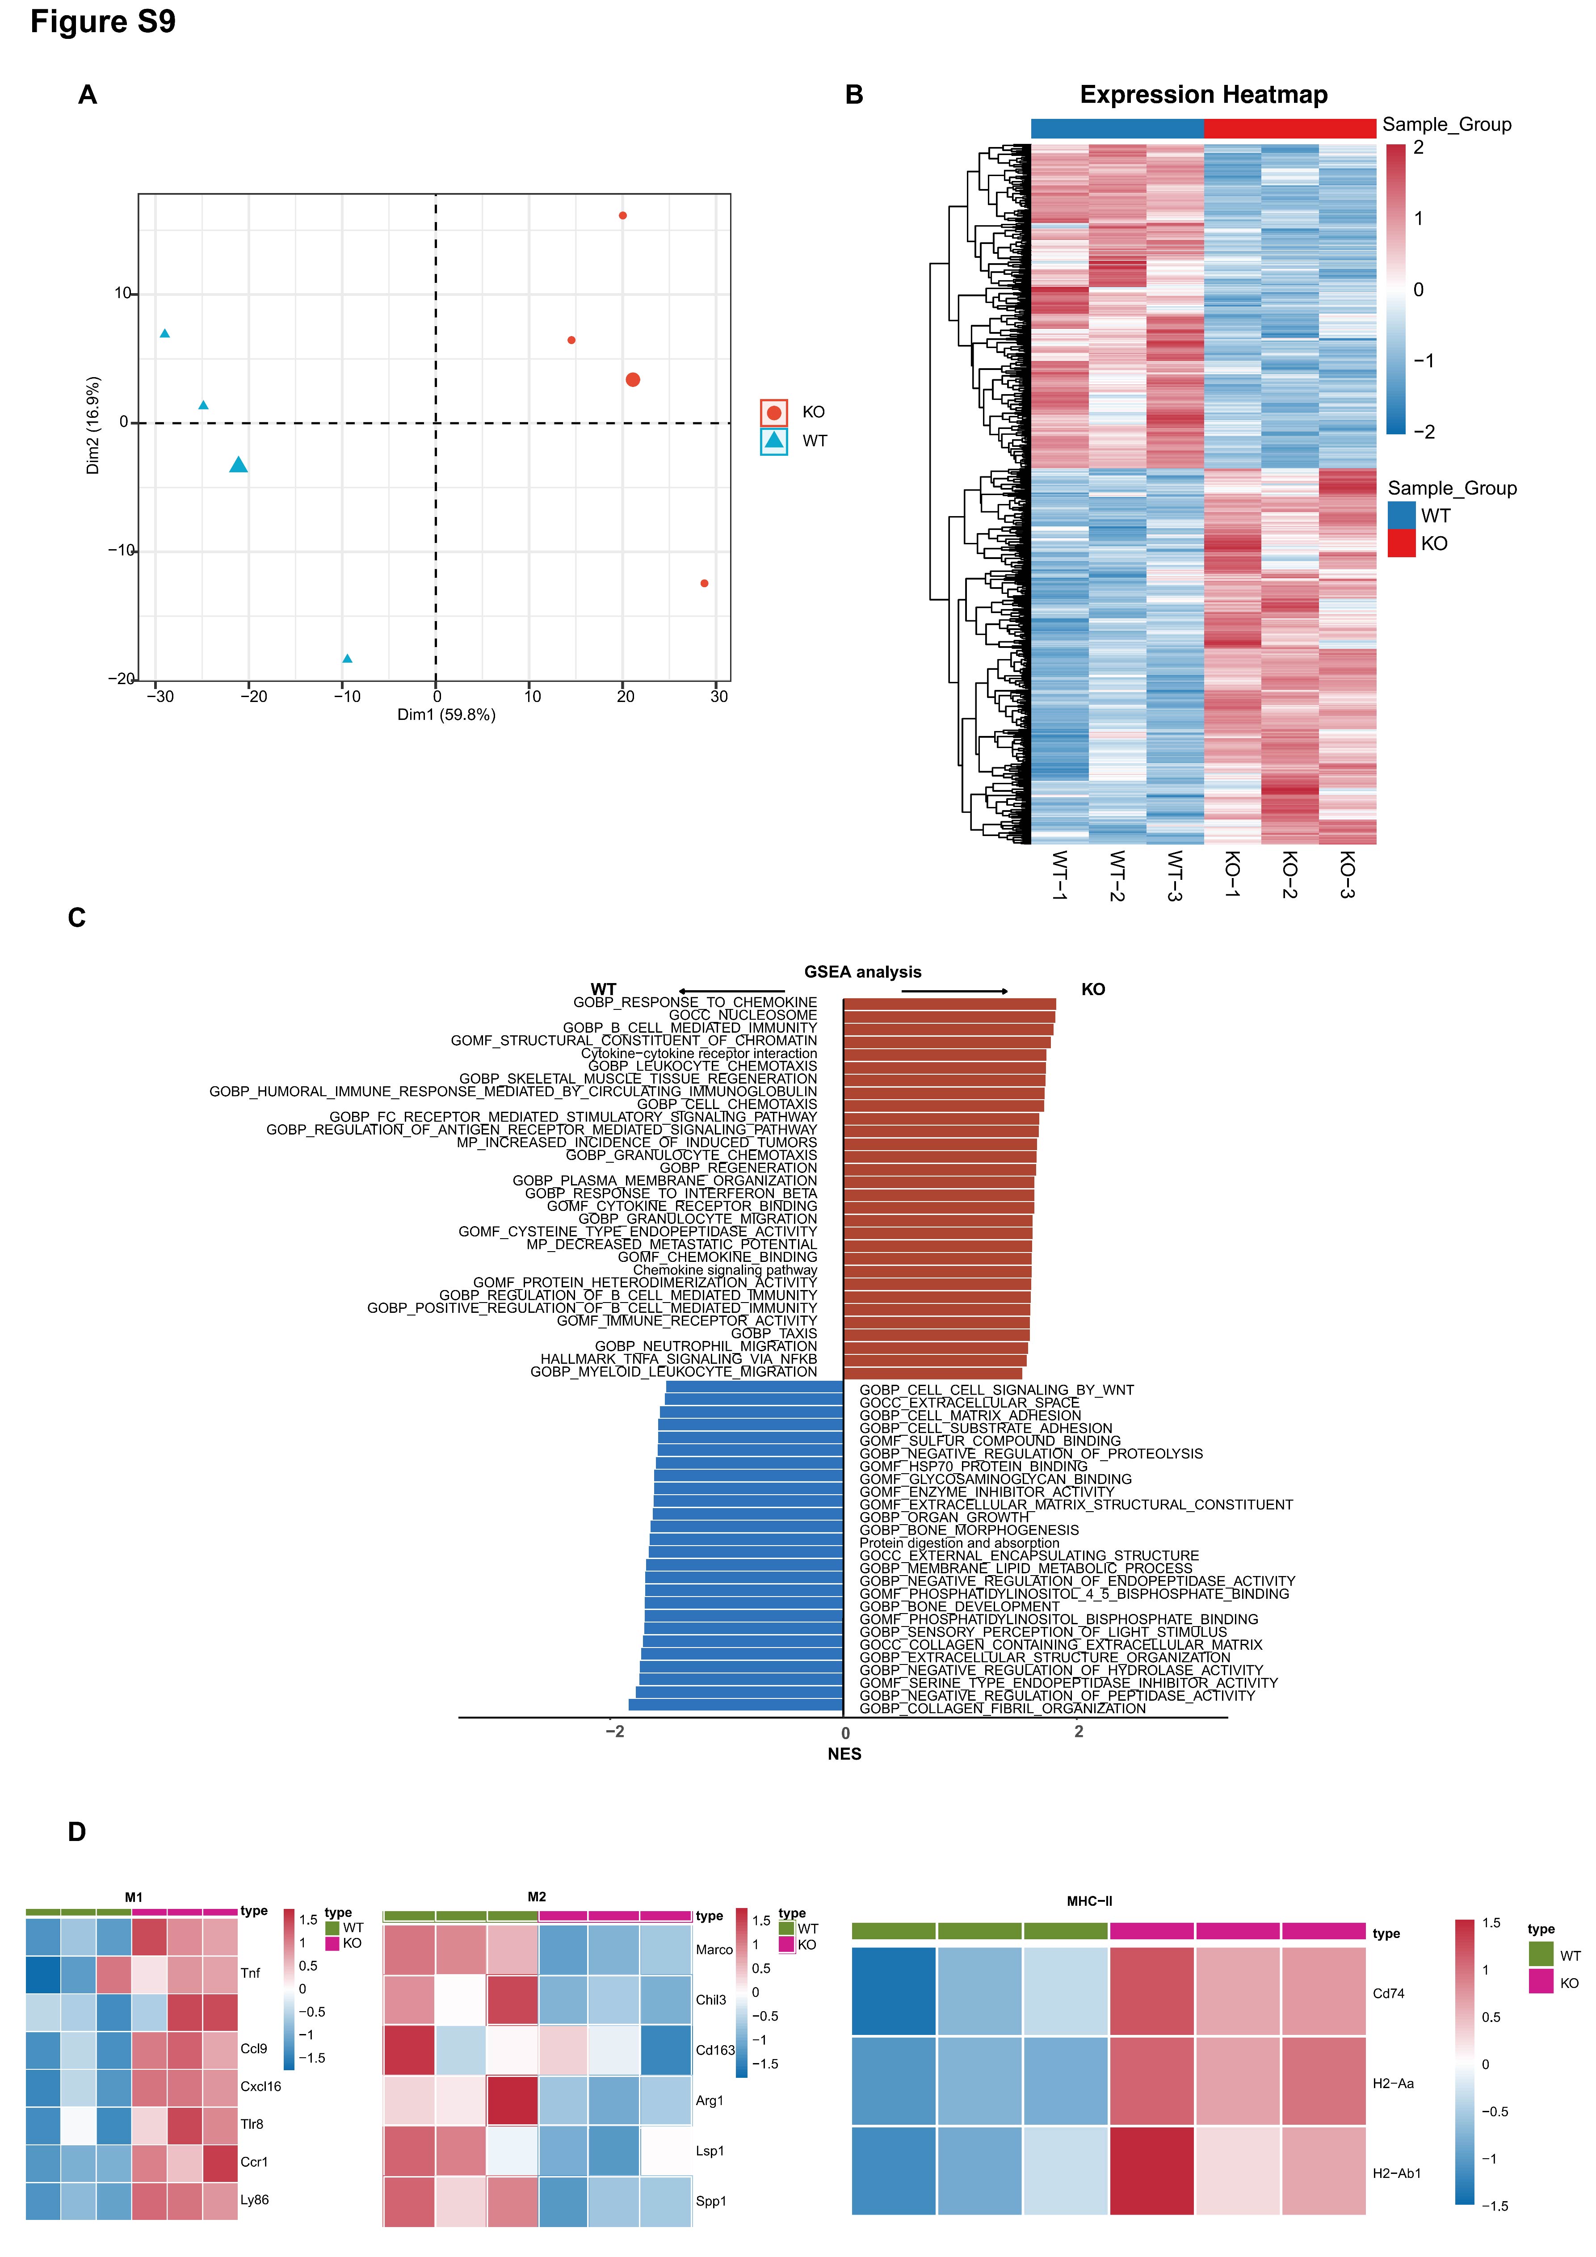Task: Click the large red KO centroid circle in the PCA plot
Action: pos(633,379)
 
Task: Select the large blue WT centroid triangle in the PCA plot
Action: pos(238,465)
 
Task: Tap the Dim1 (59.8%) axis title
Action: pos(446,715)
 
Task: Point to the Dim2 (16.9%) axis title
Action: pos(93,425)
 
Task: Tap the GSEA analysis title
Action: pos(863,972)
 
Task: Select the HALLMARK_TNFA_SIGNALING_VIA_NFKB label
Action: pos(678,1358)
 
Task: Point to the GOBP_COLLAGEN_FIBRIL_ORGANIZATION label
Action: pos(1002,1708)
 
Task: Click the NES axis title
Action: pos(844,1754)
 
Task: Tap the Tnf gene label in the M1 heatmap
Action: pos(251,1973)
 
